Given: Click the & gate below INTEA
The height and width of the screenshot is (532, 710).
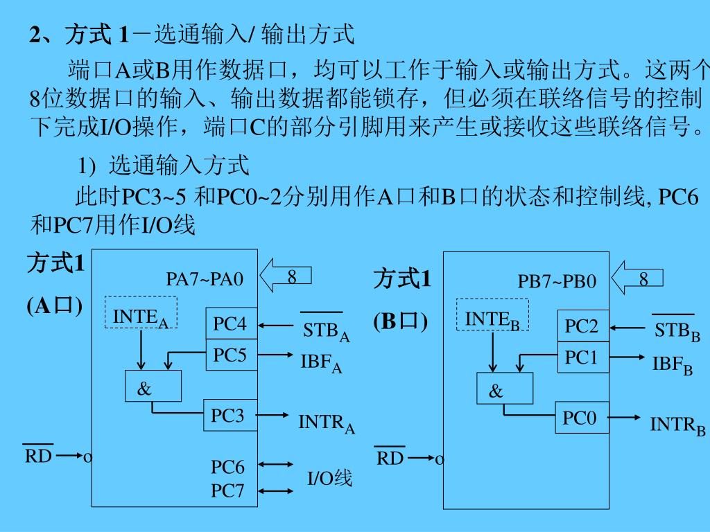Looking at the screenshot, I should coord(153,387).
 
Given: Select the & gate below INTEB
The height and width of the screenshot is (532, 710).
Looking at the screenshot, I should coord(505,389).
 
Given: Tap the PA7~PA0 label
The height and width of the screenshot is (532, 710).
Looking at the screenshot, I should coord(205,279).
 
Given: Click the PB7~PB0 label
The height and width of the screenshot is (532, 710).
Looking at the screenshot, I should coord(557,281).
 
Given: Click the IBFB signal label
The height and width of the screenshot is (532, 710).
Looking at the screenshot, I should coord(672,364).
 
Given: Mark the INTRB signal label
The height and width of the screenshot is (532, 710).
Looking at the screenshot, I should coord(677,424).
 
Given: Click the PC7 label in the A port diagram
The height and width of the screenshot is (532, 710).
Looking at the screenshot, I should coord(227,491).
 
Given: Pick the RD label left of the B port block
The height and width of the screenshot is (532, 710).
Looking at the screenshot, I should coord(390,458).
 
